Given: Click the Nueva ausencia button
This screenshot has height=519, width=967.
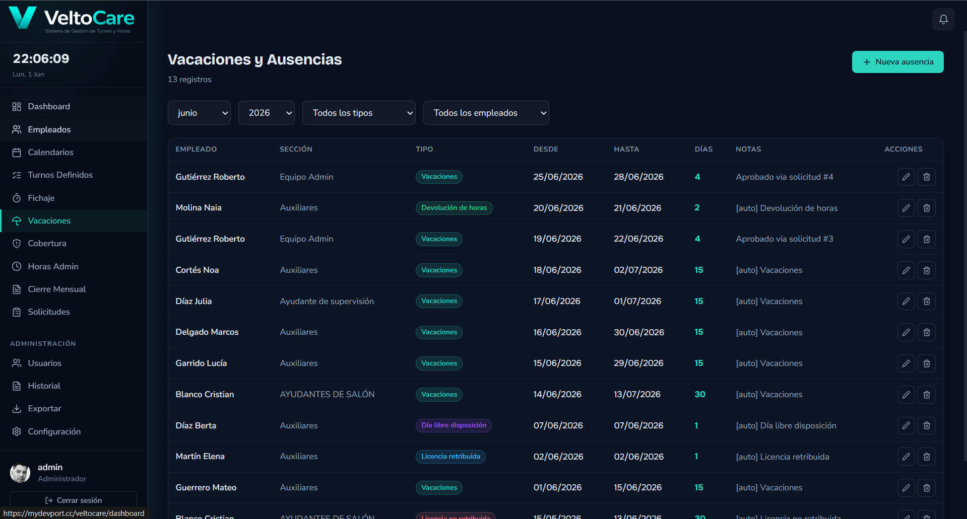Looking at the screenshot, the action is tap(897, 62).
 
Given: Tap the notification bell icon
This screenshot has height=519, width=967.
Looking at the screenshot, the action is tap(943, 20).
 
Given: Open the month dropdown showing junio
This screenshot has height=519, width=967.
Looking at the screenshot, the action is tap(199, 113).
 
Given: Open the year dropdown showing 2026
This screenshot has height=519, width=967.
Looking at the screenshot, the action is tap(267, 113).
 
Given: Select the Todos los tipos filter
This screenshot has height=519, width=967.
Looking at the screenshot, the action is tap(359, 113).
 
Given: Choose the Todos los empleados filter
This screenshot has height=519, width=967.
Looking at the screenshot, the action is tap(486, 113).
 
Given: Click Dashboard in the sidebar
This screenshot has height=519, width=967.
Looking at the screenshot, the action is tap(49, 107).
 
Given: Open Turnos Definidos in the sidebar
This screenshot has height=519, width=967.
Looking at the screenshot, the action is tap(60, 175).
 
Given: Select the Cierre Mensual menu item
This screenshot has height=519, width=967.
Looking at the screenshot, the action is tap(56, 289).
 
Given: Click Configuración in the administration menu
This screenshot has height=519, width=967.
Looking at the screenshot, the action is tap(54, 432).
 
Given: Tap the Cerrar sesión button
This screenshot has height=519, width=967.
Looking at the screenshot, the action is tap(74, 500).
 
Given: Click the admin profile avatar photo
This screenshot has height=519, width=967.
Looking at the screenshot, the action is tap(20, 473).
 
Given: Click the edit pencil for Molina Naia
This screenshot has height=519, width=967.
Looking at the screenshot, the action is tap(906, 208).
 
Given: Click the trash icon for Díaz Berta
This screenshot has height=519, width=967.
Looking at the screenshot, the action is tap(927, 425).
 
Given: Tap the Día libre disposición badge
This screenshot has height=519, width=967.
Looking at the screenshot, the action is tap(454, 425).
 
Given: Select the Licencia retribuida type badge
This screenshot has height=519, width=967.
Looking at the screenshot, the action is tap(450, 457).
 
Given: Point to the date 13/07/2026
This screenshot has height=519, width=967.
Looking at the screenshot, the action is tap(637, 394).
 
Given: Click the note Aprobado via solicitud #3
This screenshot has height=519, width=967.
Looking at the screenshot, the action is tap(784, 239).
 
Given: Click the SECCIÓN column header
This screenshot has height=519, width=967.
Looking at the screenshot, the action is tap(296, 150).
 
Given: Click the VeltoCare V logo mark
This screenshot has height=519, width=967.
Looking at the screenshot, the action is tap(23, 18).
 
